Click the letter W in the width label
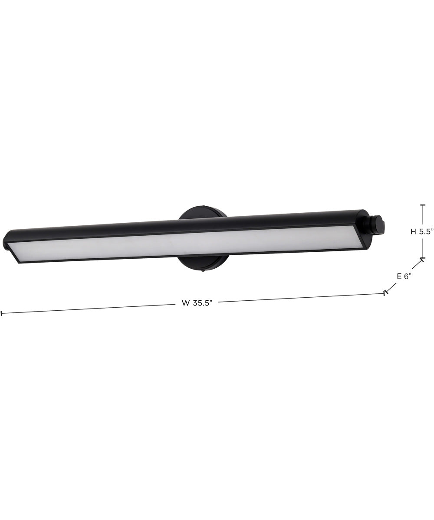[185, 303]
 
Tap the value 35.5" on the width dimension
[202, 303]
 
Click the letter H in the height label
[414, 231]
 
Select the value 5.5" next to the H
[426, 231]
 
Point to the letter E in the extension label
[399, 276]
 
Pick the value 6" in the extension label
[408, 276]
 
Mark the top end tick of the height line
[423, 205]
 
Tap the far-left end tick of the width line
[2, 313]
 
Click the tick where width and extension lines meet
[385, 293]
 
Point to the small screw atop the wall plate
[203, 206]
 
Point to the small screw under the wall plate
[203, 272]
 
